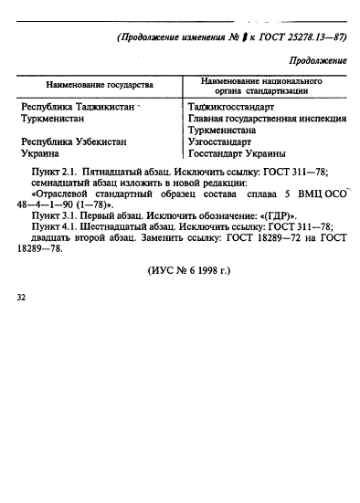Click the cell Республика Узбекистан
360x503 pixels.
[x=73, y=141]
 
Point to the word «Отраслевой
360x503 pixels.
[x=63, y=194]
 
